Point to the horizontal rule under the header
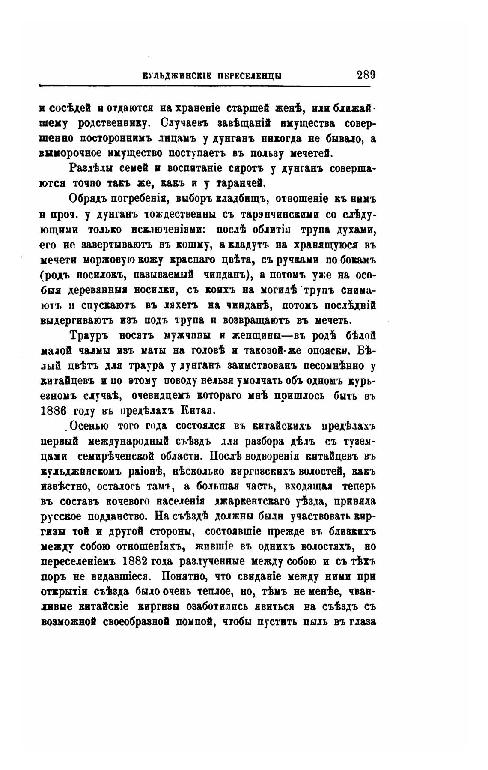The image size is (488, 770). [x=204, y=86]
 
